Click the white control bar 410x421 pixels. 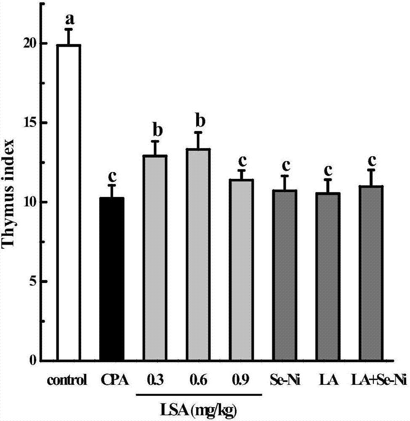coord(69,202)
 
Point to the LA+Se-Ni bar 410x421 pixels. coord(371,273)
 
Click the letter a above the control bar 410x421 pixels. coord(69,19)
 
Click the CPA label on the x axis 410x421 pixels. coord(112,381)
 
